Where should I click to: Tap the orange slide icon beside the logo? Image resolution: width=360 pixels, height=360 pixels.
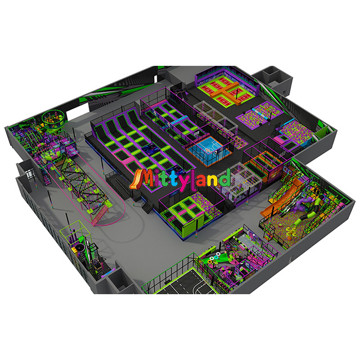coord(135,180)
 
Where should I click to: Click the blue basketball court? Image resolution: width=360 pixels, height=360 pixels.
coord(208,147)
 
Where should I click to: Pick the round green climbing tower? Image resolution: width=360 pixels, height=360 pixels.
coord(54,119)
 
